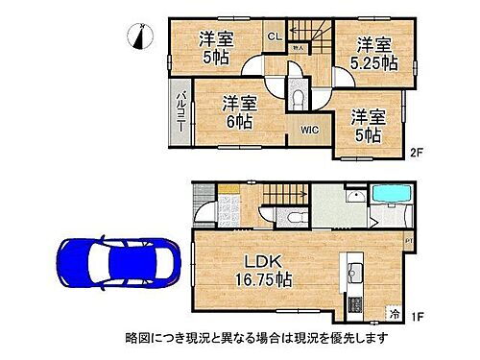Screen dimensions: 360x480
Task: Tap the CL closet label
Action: coord(273,36)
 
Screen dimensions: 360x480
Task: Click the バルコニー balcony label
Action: coord(181,111)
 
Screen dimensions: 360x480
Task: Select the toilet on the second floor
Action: coord(298,98)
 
